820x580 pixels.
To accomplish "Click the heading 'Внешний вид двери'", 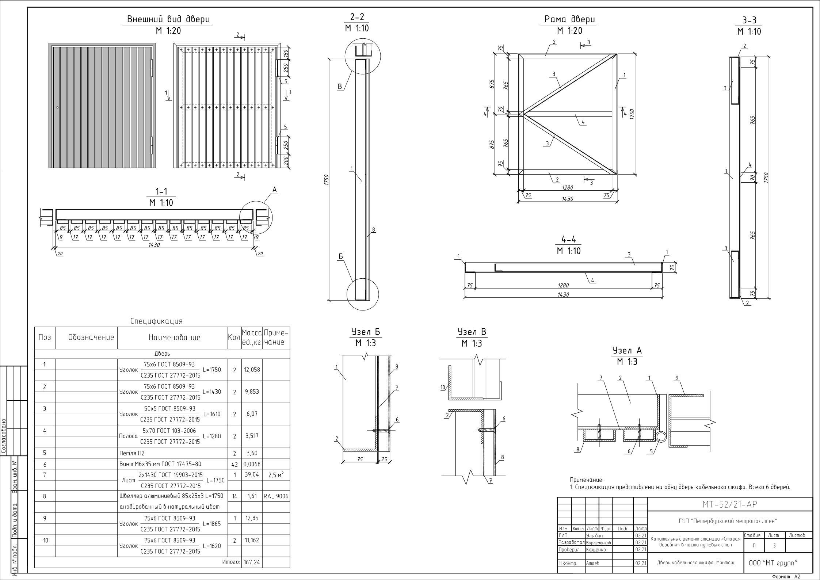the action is (168, 19).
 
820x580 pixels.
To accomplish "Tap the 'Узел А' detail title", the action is (627, 350).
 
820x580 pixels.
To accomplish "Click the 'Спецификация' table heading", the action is (156, 321).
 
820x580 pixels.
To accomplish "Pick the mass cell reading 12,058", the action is (252, 370).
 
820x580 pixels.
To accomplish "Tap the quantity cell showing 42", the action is (234, 465).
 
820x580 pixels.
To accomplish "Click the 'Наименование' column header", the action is (175, 337).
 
